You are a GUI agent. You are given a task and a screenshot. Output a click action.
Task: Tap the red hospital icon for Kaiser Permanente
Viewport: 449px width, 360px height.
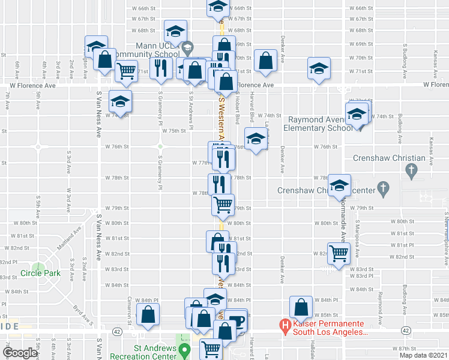(285, 326)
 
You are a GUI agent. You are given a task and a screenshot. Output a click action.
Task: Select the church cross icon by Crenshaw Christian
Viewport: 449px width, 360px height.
(411, 171)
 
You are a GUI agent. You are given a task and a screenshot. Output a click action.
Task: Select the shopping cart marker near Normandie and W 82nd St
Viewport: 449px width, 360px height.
(339, 252)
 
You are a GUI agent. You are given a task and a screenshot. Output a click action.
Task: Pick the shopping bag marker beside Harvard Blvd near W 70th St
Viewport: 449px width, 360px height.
(265, 60)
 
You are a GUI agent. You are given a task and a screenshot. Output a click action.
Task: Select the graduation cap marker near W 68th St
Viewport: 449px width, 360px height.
(176, 30)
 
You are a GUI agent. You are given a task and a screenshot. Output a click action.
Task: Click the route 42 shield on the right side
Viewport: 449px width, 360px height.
(406, 331)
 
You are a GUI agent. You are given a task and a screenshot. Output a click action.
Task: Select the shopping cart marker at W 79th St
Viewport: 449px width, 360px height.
(223, 205)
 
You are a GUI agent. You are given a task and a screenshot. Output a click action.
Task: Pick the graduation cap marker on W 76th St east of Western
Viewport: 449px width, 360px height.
(256, 140)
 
